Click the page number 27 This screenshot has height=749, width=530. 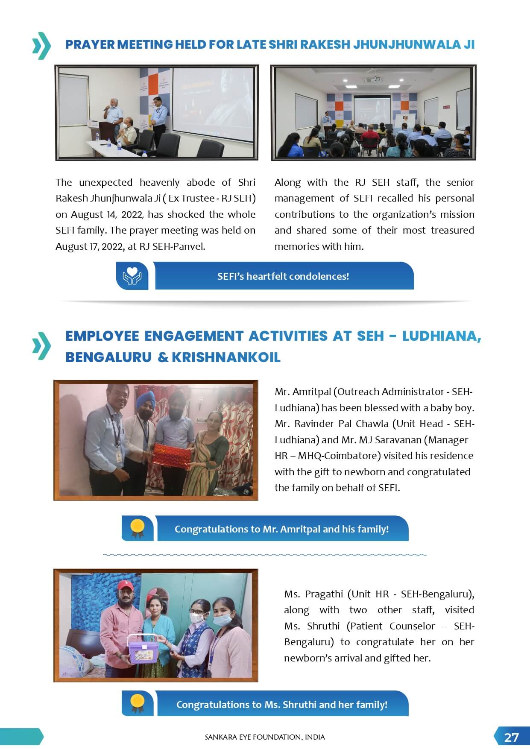[511, 737]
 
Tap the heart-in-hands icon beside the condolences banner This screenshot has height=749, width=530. [132, 276]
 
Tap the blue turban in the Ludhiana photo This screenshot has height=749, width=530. [143, 400]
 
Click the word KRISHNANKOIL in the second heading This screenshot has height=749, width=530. [226, 357]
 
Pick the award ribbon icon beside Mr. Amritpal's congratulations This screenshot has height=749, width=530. [138, 528]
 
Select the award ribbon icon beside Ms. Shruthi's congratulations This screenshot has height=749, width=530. [138, 703]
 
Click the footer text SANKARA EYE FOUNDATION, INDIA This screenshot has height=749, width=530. [265, 737]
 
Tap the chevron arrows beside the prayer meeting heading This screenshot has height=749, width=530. [41, 45]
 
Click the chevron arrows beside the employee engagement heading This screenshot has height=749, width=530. [41, 345]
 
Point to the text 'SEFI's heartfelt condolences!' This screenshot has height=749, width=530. [283, 276]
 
